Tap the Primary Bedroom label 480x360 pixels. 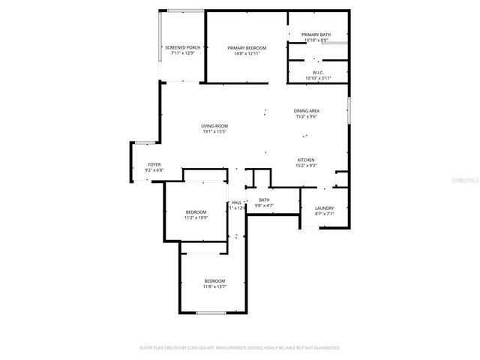click(247, 47)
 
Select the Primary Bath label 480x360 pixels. click(316, 34)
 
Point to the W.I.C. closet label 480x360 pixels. click(317, 73)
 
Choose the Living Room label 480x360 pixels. click(214, 125)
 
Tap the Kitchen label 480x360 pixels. click(306, 160)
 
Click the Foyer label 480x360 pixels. click(154, 164)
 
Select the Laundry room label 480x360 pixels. click(324, 208)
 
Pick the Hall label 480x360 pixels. click(236, 202)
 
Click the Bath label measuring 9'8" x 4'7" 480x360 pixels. click(264, 200)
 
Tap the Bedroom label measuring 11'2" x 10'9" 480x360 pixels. click(196, 212)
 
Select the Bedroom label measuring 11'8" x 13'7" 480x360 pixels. click(214, 280)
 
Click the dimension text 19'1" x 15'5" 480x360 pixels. click(214, 132)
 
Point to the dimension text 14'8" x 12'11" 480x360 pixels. click(247, 54)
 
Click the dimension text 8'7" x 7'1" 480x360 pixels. click(324, 215)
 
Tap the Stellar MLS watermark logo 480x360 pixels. click(457, 180)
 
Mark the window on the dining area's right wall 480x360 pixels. click(349, 110)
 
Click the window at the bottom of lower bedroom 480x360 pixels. click(217, 313)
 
